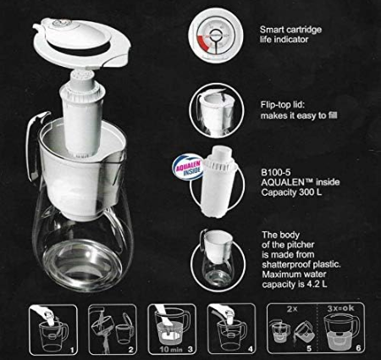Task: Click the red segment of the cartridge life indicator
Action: (x=202, y=43)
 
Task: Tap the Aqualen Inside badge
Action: (x=188, y=169)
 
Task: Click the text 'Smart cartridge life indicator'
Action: (x=290, y=34)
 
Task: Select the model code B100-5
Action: (x=272, y=172)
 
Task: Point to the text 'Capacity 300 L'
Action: (x=291, y=192)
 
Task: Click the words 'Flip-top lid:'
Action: (x=283, y=105)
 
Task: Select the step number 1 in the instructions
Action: (x=72, y=351)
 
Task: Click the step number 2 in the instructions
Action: (x=130, y=350)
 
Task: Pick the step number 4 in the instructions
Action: (x=250, y=349)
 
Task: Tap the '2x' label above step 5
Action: (x=292, y=309)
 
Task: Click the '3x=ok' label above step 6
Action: (x=340, y=308)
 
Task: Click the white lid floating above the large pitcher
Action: (x=82, y=43)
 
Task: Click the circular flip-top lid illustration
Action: (x=216, y=109)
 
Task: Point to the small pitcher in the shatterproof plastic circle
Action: (x=217, y=259)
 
